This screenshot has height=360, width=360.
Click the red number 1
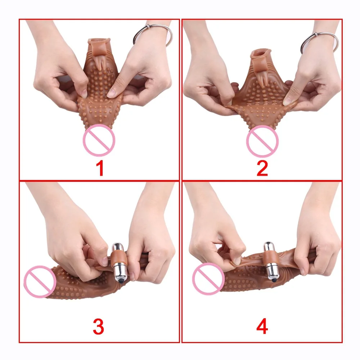pyautogui.click(x=100, y=168)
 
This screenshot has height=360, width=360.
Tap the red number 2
pyautogui.click(x=262, y=168)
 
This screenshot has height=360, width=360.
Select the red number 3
pyautogui.click(x=99, y=326)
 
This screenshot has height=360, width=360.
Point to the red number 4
pyautogui.click(x=262, y=326)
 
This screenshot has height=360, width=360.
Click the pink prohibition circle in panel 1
pyautogui.click(x=99, y=140)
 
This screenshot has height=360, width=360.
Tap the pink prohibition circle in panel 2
pyautogui.click(x=262, y=141)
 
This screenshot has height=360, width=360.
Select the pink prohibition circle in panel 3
pyautogui.click(x=40, y=282)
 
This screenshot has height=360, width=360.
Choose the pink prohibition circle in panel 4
pyautogui.click(x=208, y=279)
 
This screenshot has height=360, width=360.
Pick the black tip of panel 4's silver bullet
pyautogui.click(x=273, y=280)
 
